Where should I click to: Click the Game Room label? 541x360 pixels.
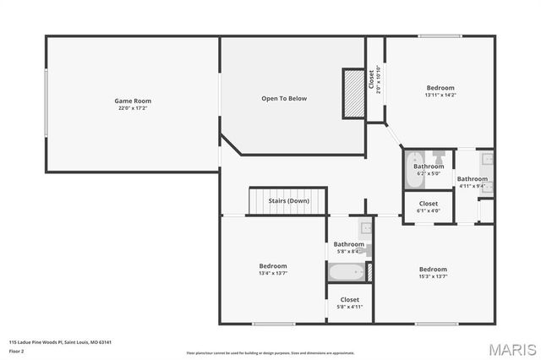coord(133,101)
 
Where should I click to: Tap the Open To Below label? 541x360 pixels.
coord(283,99)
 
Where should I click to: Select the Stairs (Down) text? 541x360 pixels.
coord(288,201)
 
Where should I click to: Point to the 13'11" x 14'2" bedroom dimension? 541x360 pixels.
coord(440,95)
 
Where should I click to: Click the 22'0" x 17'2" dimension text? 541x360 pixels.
coord(133,108)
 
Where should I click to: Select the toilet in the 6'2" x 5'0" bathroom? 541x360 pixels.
coord(439,156)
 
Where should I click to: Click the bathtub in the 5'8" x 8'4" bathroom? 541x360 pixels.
coord(347,272)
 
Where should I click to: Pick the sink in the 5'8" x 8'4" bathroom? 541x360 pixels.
coord(364,228)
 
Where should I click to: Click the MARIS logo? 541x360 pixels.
coord(512,348)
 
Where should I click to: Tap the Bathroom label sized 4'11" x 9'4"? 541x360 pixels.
coord(473,178)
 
